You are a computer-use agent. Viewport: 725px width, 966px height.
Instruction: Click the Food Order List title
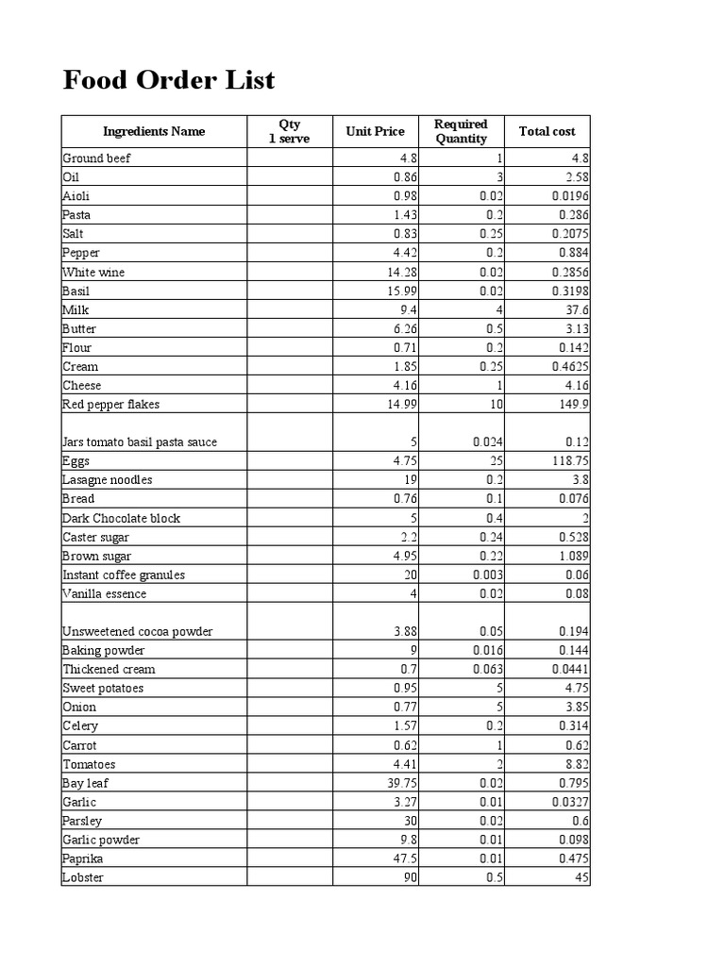pyautogui.click(x=169, y=81)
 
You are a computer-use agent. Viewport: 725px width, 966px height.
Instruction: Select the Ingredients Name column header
pyautogui.click(x=154, y=132)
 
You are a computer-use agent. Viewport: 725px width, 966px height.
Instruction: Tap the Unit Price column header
pyautogui.click(x=375, y=132)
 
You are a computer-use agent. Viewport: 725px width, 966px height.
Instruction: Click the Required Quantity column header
pyautogui.click(x=461, y=132)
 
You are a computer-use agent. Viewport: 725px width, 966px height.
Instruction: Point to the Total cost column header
pyautogui.click(x=547, y=132)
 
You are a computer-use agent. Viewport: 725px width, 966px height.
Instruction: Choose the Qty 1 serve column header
pyautogui.click(x=289, y=132)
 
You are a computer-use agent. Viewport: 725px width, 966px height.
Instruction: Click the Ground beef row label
pyautogui.click(x=96, y=158)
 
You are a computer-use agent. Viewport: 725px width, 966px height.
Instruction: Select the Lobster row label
pyautogui.click(x=83, y=878)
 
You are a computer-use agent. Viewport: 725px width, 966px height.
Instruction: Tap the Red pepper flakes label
pyautogui.click(x=111, y=405)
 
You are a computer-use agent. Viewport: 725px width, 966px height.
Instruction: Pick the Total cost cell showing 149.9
pyautogui.click(x=571, y=405)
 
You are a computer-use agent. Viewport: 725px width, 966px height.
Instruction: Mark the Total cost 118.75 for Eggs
pyautogui.click(x=569, y=461)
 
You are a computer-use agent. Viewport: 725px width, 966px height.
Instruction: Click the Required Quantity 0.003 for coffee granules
pyautogui.click(x=487, y=575)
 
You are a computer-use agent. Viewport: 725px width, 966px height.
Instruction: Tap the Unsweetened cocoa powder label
pyautogui.click(x=138, y=631)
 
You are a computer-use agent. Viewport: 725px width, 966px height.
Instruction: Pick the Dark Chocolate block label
pyautogui.click(x=121, y=518)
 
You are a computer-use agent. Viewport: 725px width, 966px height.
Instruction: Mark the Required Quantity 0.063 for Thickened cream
pyautogui.click(x=487, y=669)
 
